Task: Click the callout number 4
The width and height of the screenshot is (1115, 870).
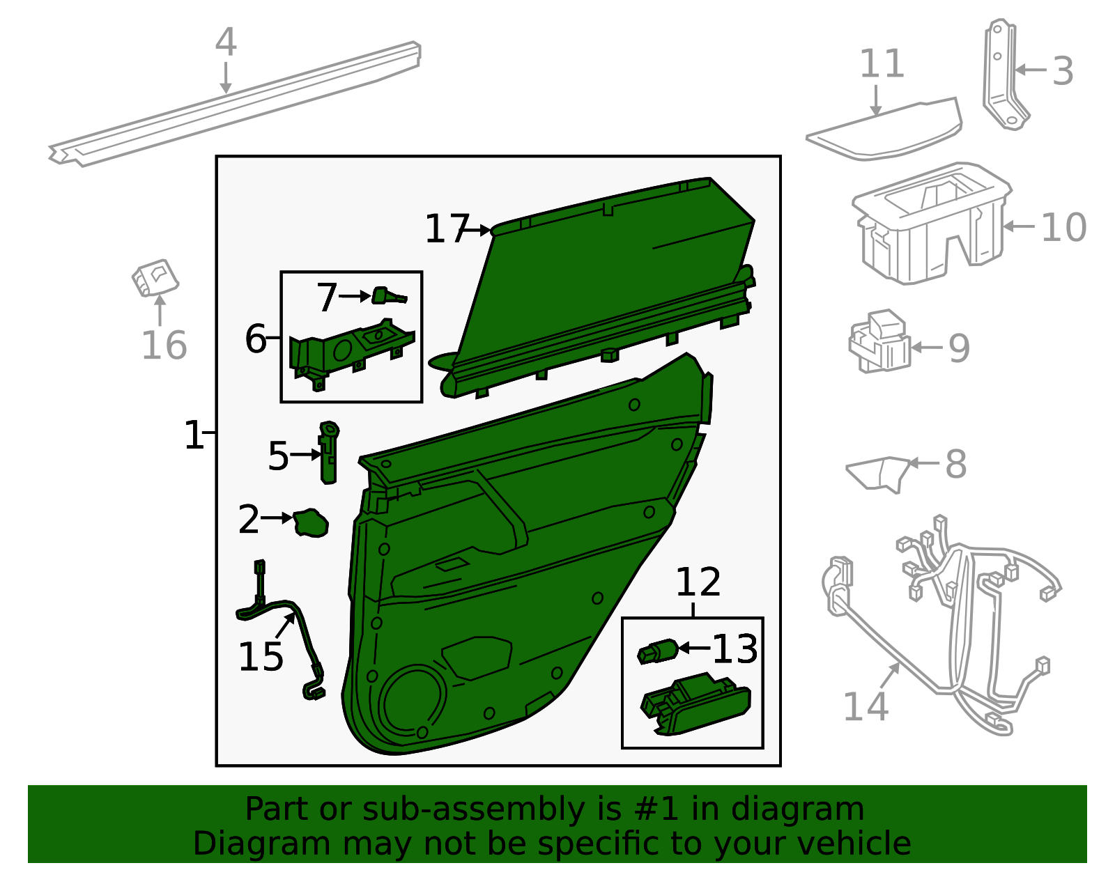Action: click(226, 42)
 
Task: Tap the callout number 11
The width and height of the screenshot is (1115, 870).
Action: click(882, 63)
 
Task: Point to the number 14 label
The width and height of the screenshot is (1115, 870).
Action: click(866, 706)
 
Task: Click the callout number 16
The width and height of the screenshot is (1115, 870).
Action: click(164, 345)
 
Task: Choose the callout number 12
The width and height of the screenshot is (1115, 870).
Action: click(698, 582)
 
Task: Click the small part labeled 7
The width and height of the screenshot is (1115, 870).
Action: click(389, 296)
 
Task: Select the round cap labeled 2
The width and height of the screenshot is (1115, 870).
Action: click(311, 523)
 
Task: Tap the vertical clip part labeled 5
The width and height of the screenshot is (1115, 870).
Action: click(329, 452)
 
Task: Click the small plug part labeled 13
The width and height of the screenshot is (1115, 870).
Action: click(657, 651)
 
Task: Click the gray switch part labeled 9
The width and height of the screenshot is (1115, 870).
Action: click(879, 341)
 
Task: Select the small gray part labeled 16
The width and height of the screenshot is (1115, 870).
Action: click(155, 279)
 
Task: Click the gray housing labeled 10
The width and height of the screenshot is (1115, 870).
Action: click(931, 224)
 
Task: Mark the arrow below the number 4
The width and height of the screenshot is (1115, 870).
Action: click(225, 78)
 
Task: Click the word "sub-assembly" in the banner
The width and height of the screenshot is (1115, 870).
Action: click(472, 809)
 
